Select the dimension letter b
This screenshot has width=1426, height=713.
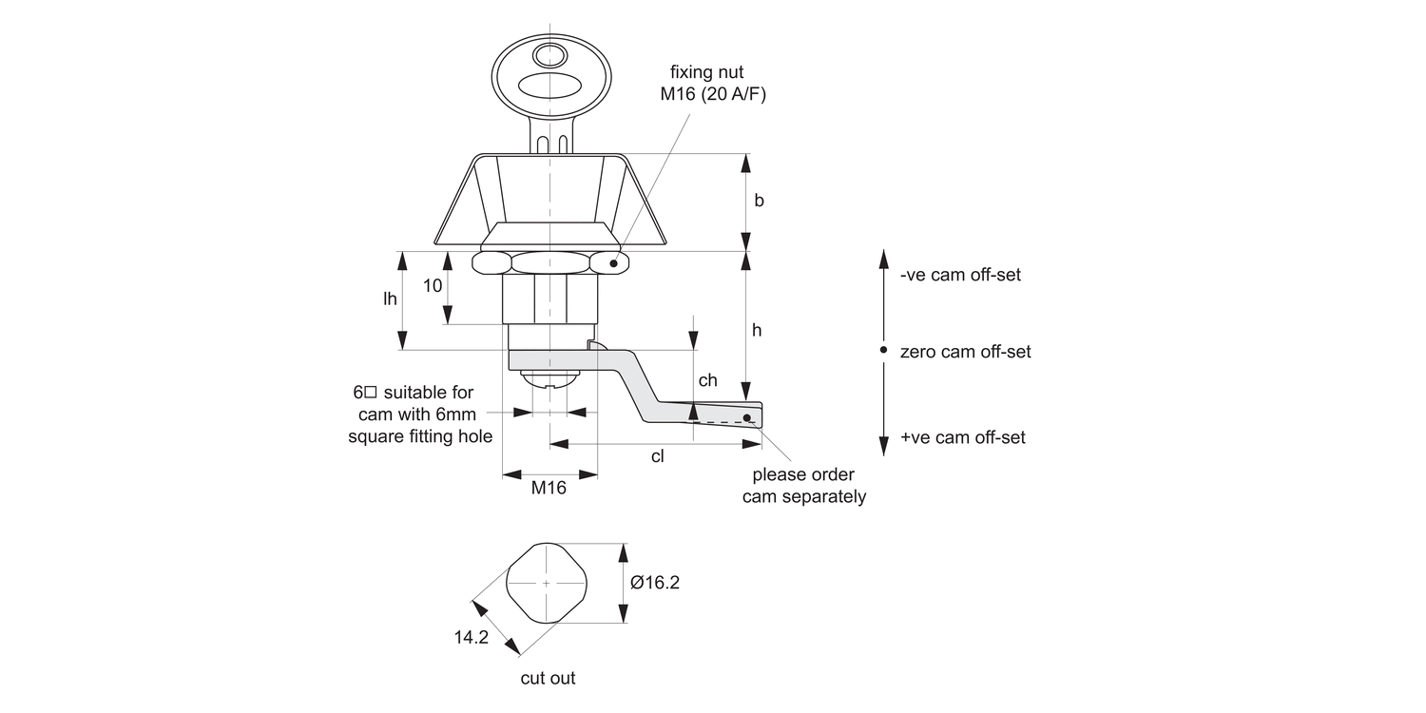[759, 201]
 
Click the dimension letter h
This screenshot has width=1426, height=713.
[757, 330]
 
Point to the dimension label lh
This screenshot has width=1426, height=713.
[390, 299]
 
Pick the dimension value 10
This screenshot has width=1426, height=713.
[432, 285]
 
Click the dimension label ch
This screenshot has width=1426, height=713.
[707, 380]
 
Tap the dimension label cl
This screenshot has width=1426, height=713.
[657, 456]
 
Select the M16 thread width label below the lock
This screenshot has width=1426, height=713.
[549, 489]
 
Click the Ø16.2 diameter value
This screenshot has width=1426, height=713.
[655, 583]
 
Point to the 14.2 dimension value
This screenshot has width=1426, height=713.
[471, 638]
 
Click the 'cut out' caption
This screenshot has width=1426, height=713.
[548, 678]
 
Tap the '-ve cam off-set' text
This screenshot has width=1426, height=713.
[960, 275]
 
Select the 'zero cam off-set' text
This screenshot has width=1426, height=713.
[966, 352]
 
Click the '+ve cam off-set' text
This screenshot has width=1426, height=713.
[963, 437]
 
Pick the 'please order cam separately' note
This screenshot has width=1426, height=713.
[804, 486]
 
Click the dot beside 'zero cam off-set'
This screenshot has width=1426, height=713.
[884, 351]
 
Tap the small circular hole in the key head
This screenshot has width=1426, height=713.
[549, 52]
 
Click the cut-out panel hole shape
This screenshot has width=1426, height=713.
[547, 583]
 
